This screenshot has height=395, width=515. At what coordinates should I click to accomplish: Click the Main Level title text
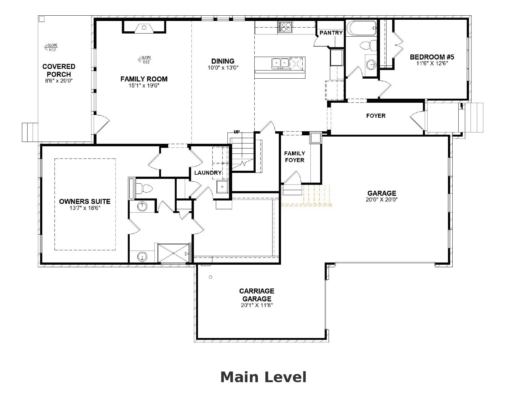pos(263,377)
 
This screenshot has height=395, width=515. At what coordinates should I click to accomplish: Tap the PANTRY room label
pos(331,33)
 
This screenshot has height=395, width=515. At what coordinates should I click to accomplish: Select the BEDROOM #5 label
pos(432,57)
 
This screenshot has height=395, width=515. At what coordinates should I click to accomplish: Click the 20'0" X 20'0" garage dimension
pos(382,200)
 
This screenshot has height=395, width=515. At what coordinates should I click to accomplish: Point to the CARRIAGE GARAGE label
pos(257,294)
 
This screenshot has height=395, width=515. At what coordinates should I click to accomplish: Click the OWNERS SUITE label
pos(85,201)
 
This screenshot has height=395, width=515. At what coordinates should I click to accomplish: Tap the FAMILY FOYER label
pos(294,157)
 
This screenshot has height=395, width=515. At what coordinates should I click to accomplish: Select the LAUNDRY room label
pos(208,173)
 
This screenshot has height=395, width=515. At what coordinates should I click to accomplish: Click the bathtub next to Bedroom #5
pos(361,29)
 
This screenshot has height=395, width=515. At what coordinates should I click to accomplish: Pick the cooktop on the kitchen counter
pos(285,27)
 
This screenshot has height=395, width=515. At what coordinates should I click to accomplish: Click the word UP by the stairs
pos(237,132)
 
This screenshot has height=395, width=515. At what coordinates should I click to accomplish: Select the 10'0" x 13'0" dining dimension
pos(223,68)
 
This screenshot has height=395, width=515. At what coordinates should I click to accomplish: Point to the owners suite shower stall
pos(174,253)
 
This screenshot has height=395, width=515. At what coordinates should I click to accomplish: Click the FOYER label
pos(376,116)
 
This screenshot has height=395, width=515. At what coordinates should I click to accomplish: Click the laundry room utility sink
pos(222,187)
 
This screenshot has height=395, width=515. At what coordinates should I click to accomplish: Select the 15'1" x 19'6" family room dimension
pos(144,86)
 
